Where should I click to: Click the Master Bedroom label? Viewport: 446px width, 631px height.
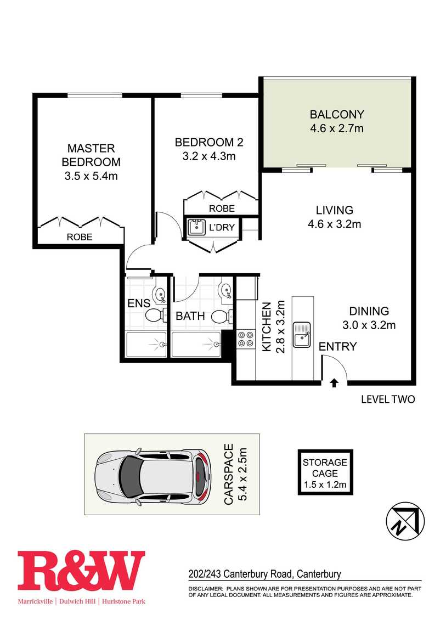[x=91, y=155]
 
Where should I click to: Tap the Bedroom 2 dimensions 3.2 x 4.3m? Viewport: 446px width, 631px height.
[x=209, y=156]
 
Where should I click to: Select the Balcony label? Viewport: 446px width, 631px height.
[x=337, y=114]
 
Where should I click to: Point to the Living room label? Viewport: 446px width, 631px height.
[x=335, y=210]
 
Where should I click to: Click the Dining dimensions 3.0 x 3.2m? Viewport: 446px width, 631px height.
[x=369, y=325]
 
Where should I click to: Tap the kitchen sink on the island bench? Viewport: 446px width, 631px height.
[x=302, y=334]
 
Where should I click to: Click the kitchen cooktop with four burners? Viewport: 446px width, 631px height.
[x=245, y=339]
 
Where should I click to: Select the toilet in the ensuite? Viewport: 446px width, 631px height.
[x=156, y=315]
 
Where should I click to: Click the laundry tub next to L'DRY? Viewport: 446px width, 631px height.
[x=196, y=227]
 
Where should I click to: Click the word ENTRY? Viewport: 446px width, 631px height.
[x=338, y=346]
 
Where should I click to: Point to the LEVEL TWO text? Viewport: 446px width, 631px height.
[x=388, y=399]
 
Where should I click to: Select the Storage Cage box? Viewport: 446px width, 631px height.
[x=325, y=472]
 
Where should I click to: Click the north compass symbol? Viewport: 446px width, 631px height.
[x=405, y=522]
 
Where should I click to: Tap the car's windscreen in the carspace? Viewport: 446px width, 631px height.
[x=132, y=474]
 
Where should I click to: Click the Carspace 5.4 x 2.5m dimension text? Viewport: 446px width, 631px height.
[x=235, y=474]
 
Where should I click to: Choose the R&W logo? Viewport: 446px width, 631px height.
[x=81, y=577]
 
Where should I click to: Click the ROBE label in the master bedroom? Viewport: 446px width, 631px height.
[x=80, y=237]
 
